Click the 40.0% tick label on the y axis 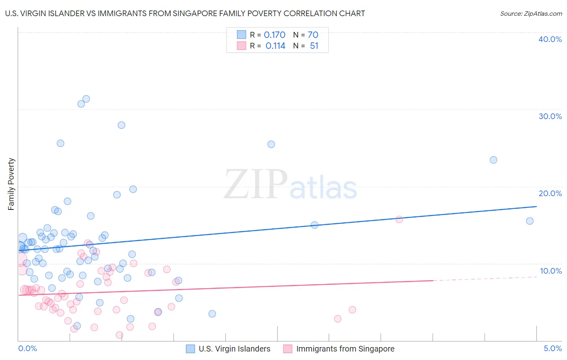pyautogui.click(x=550, y=39)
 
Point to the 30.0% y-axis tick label pyautogui.click(x=550, y=116)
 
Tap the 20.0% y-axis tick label pyautogui.click(x=550, y=193)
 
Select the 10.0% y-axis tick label pyautogui.click(x=551, y=271)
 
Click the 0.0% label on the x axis pyautogui.click(x=27, y=348)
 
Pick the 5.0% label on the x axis pyautogui.click(x=552, y=348)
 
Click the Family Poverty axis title pyautogui.click(x=11, y=184)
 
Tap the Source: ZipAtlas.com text pyautogui.click(x=531, y=14)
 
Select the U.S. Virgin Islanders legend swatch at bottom pyautogui.click(x=190, y=349)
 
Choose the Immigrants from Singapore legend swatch pyautogui.click(x=288, y=349)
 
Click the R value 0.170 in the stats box pyautogui.click(x=275, y=35)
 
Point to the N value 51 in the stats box pyautogui.click(x=314, y=46)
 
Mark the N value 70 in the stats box pyautogui.click(x=313, y=35)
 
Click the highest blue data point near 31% pyautogui.click(x=86, y=99)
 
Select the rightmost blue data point pyautogui.click(x=529, y=221)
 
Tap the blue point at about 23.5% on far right pyautogui.click(x=493, y=160)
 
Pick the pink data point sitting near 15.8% pyautogui.click(x=399, y=220)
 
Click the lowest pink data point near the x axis pyautogui.click(x=119, y=335)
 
